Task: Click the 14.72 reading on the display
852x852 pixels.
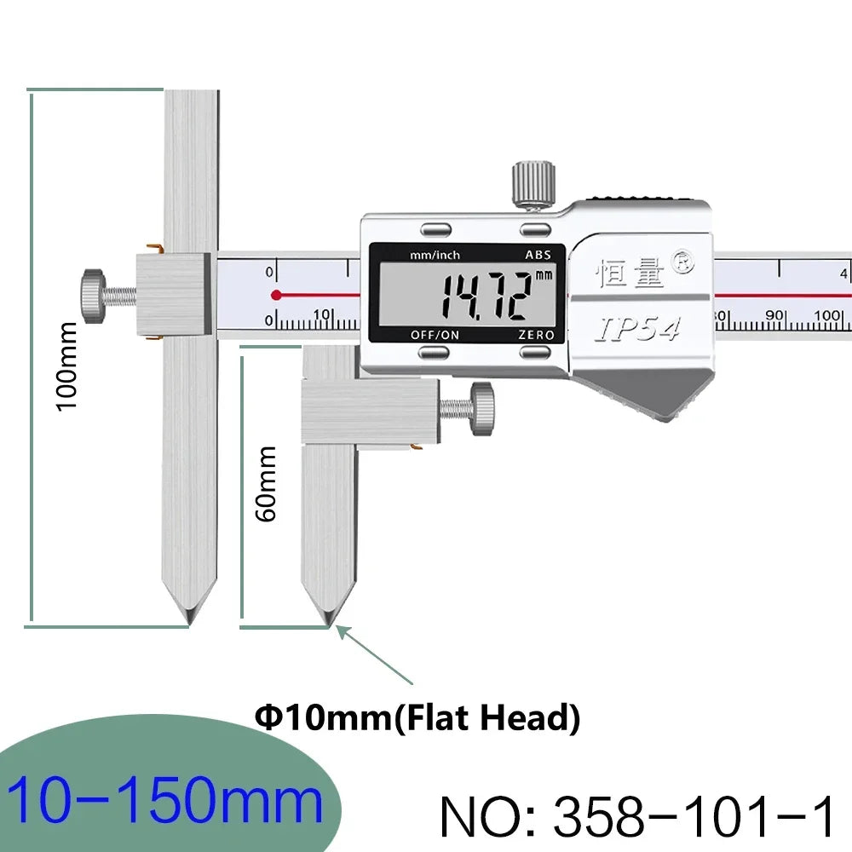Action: [x=486, y=296]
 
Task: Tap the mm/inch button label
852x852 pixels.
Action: [x=435, y=255]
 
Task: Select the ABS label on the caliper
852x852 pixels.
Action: [x=538, y=255]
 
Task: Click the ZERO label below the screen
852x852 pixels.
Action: [x=536, y=335]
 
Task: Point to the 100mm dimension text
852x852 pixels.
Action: [x=67, y=366]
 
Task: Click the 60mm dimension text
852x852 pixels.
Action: [x=266, y=484]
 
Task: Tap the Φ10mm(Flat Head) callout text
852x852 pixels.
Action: [x=417, y=717]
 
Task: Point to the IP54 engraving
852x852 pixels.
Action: [x=638, y=329]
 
